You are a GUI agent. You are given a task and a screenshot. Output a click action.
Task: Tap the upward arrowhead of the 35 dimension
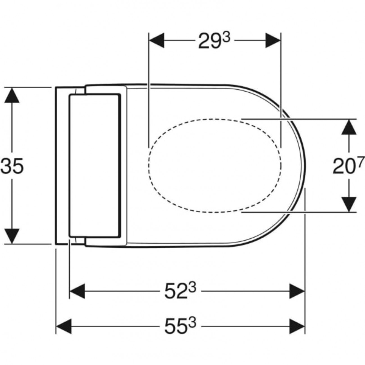(x=12, y=95)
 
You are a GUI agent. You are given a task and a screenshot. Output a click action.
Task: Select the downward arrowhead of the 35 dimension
(x=12, y=236)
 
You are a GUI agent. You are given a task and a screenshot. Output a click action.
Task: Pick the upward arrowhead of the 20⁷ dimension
(x=349, y=127)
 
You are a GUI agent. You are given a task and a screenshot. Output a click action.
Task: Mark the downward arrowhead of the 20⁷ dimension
(x=349, y=204)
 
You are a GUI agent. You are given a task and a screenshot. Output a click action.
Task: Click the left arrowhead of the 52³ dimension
(x=77, y=291)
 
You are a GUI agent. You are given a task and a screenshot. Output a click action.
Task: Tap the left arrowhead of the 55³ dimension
(x=64, y=327)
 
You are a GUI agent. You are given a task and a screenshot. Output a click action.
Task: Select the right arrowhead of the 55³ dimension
(x=297, y=327)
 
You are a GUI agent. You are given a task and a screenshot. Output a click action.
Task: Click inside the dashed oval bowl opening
(x=215, y=166)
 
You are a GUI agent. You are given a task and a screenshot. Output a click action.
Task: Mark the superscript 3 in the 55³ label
(x=192, y=323)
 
